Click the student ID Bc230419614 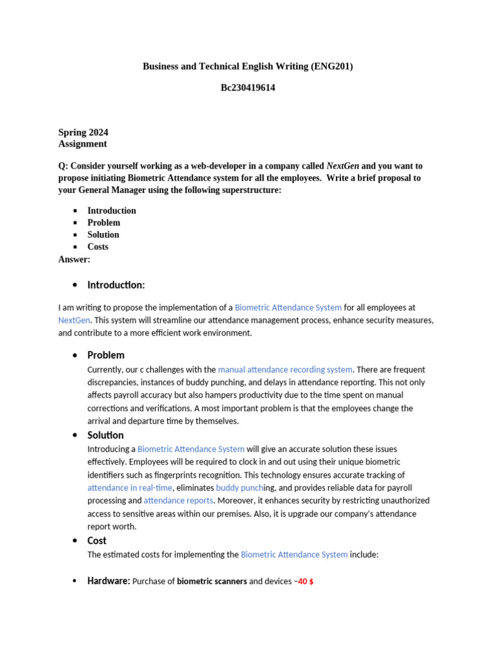click(x=248, y=88)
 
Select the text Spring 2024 click(x=83, y=132)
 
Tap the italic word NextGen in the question click(x=342, y=166)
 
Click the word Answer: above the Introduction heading click(x=74, y=259)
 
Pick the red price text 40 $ click(x=305, y=582)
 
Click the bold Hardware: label click(x=108, y=581)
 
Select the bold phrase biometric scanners click(x=212, y=582)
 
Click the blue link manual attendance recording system click(x=285, y=370)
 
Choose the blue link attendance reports click(x=178, y=501)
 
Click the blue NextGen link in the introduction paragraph click(x=74, y=320)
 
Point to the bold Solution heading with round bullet click(x=105, y=436)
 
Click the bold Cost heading click(x=97, y=541)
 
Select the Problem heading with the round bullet click(x=106, y=356)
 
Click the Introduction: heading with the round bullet click(x=116, y=285)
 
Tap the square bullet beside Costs click(x=75, y=247)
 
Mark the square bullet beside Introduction click(x=75, y=211)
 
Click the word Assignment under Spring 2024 click(x=83, y=144)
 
